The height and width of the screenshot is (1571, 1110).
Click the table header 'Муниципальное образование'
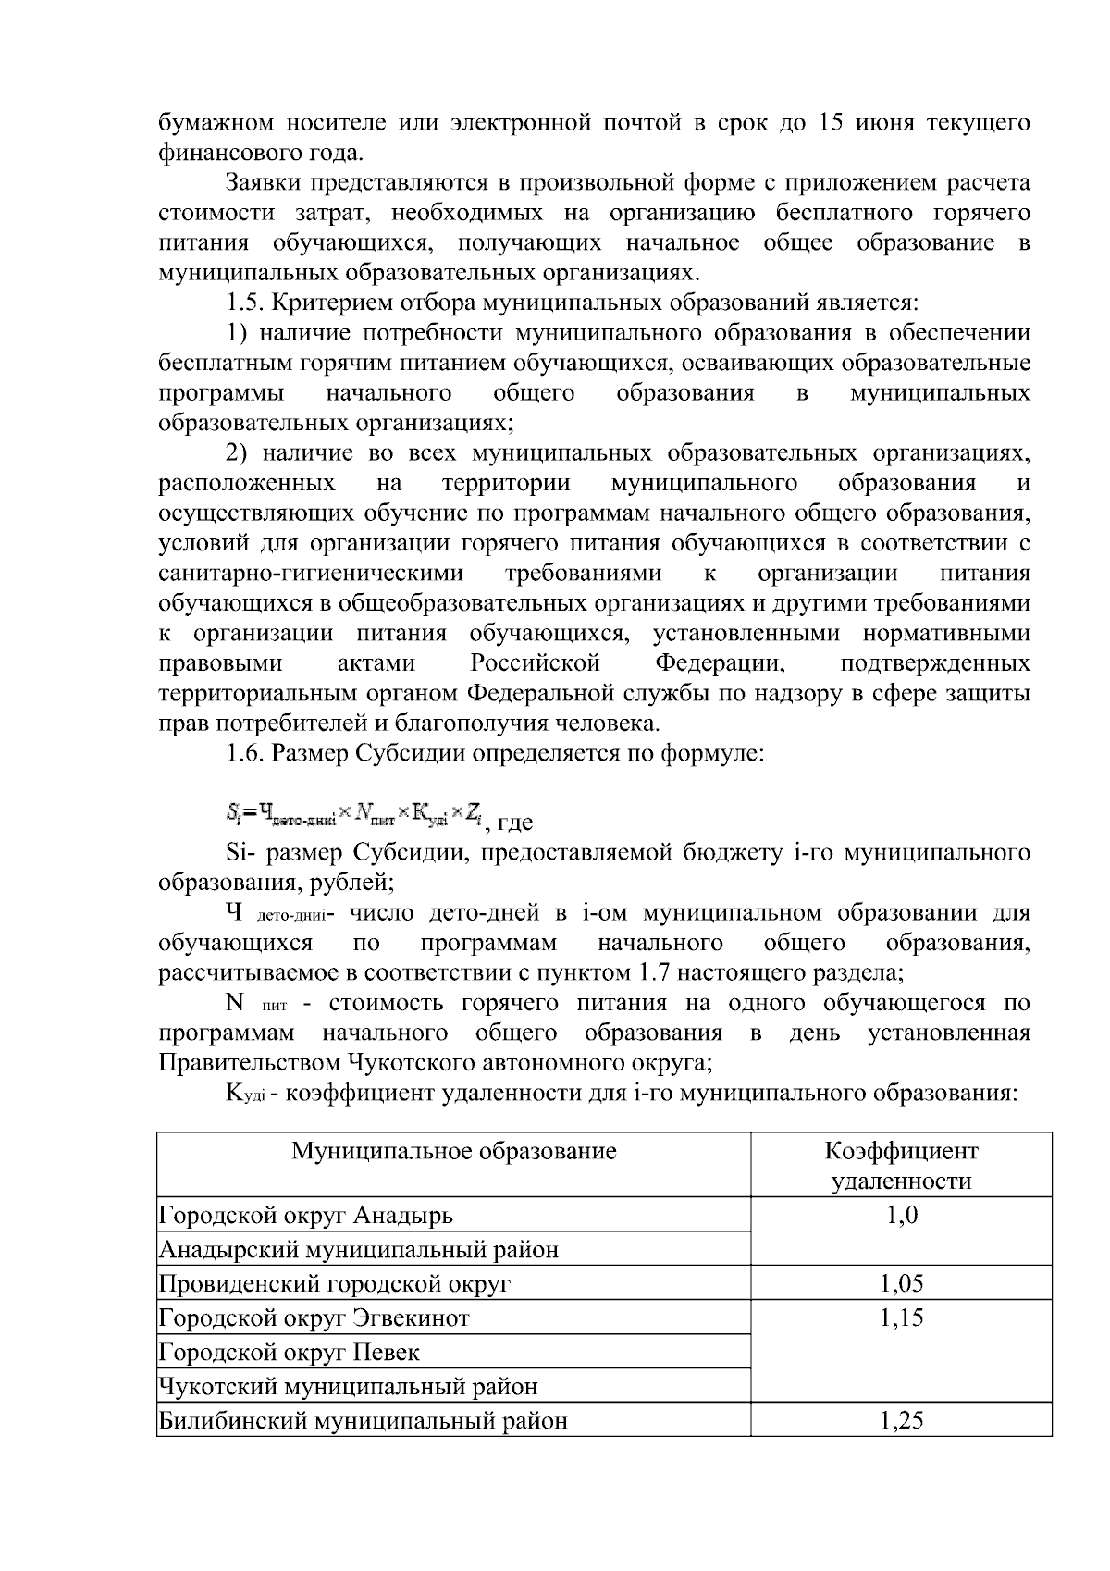tap(454, 1151)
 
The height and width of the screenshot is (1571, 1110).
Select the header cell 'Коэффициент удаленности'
tap(901, 1166)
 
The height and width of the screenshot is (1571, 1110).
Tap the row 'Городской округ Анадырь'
tap(306, 1214)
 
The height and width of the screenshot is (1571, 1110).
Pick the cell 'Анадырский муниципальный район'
tap(359, 1250)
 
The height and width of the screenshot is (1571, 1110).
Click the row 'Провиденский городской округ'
tap(335, 1283)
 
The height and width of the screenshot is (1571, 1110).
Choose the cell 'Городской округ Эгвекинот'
tap(314, 1317)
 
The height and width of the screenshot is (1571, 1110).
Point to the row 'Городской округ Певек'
tap(290, 1352)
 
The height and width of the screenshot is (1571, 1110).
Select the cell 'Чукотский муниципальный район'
tap(349, 1386)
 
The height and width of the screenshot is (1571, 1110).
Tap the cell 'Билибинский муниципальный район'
tap(364, 1420)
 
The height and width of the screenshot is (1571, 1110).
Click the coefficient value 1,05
tap(901, 1283)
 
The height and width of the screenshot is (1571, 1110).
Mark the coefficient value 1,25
tap(901, 1420)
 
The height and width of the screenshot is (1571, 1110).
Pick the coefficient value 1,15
tap(901, 1317)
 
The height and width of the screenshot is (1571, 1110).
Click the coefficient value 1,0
tap(901, 1214)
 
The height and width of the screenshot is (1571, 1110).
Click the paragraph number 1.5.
tap(244, 303)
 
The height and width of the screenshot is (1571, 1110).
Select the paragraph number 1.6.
tap(244, 754)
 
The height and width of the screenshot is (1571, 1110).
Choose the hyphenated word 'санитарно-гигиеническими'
tap(311, 574)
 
